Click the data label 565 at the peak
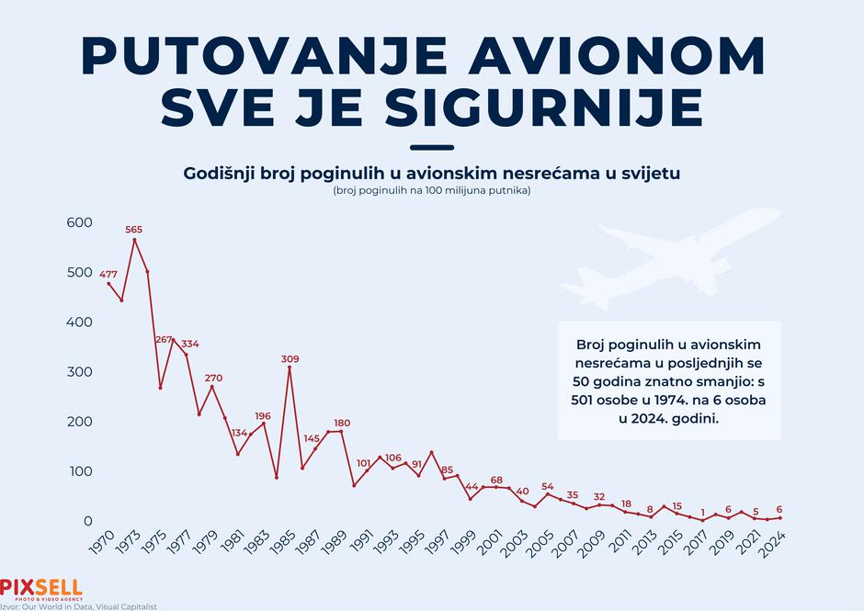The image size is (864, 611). pyautogui.click(x=134, y=230)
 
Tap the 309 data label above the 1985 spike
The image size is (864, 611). pyautogui.click(x=290, y=359)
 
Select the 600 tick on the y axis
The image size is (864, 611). pyautogui.click(x=80, y=223)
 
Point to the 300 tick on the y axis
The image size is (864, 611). pyautogui.click(x=80, y=372)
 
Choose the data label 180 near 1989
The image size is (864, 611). pyautogui.click(x=341, y=423)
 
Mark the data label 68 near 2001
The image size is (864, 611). pyautogui.click(x=496, y=480)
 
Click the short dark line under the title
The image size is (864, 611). pyautogui.click(x=431, y=147)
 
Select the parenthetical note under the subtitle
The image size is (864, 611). pyautogui.click(x=431, y=191)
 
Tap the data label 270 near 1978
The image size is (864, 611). pyautogui.click(x=213, y=378)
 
